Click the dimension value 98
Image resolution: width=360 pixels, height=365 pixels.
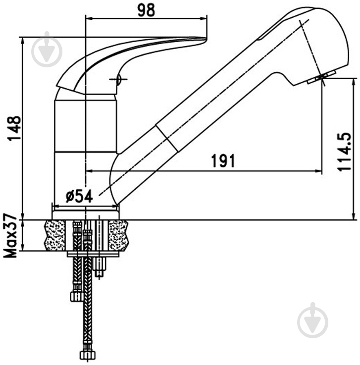pyautogui.click(x=146, y=11)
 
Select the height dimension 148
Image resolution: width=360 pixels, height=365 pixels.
pyautogui.click(x=14, y=128)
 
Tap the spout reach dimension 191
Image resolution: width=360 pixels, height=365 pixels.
pyautogui.click(x=223, y=161)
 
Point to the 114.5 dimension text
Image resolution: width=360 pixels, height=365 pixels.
pyautogui.click(x=345, y=152)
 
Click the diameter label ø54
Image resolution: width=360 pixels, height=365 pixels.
pyautogui.click(x=79, y=196)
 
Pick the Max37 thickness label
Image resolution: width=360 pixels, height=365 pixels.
pyautogui.click(x=10, y=235)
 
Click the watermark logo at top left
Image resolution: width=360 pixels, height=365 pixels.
pyautogui.click(x=47, y=50)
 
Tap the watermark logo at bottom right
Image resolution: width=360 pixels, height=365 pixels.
pyautogui.click(x=313, y=320)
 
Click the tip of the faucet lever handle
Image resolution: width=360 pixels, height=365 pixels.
pyautogui.click(x=206, y=39)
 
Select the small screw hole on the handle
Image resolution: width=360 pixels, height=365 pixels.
pyautogui.click(x=119, y=79)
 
